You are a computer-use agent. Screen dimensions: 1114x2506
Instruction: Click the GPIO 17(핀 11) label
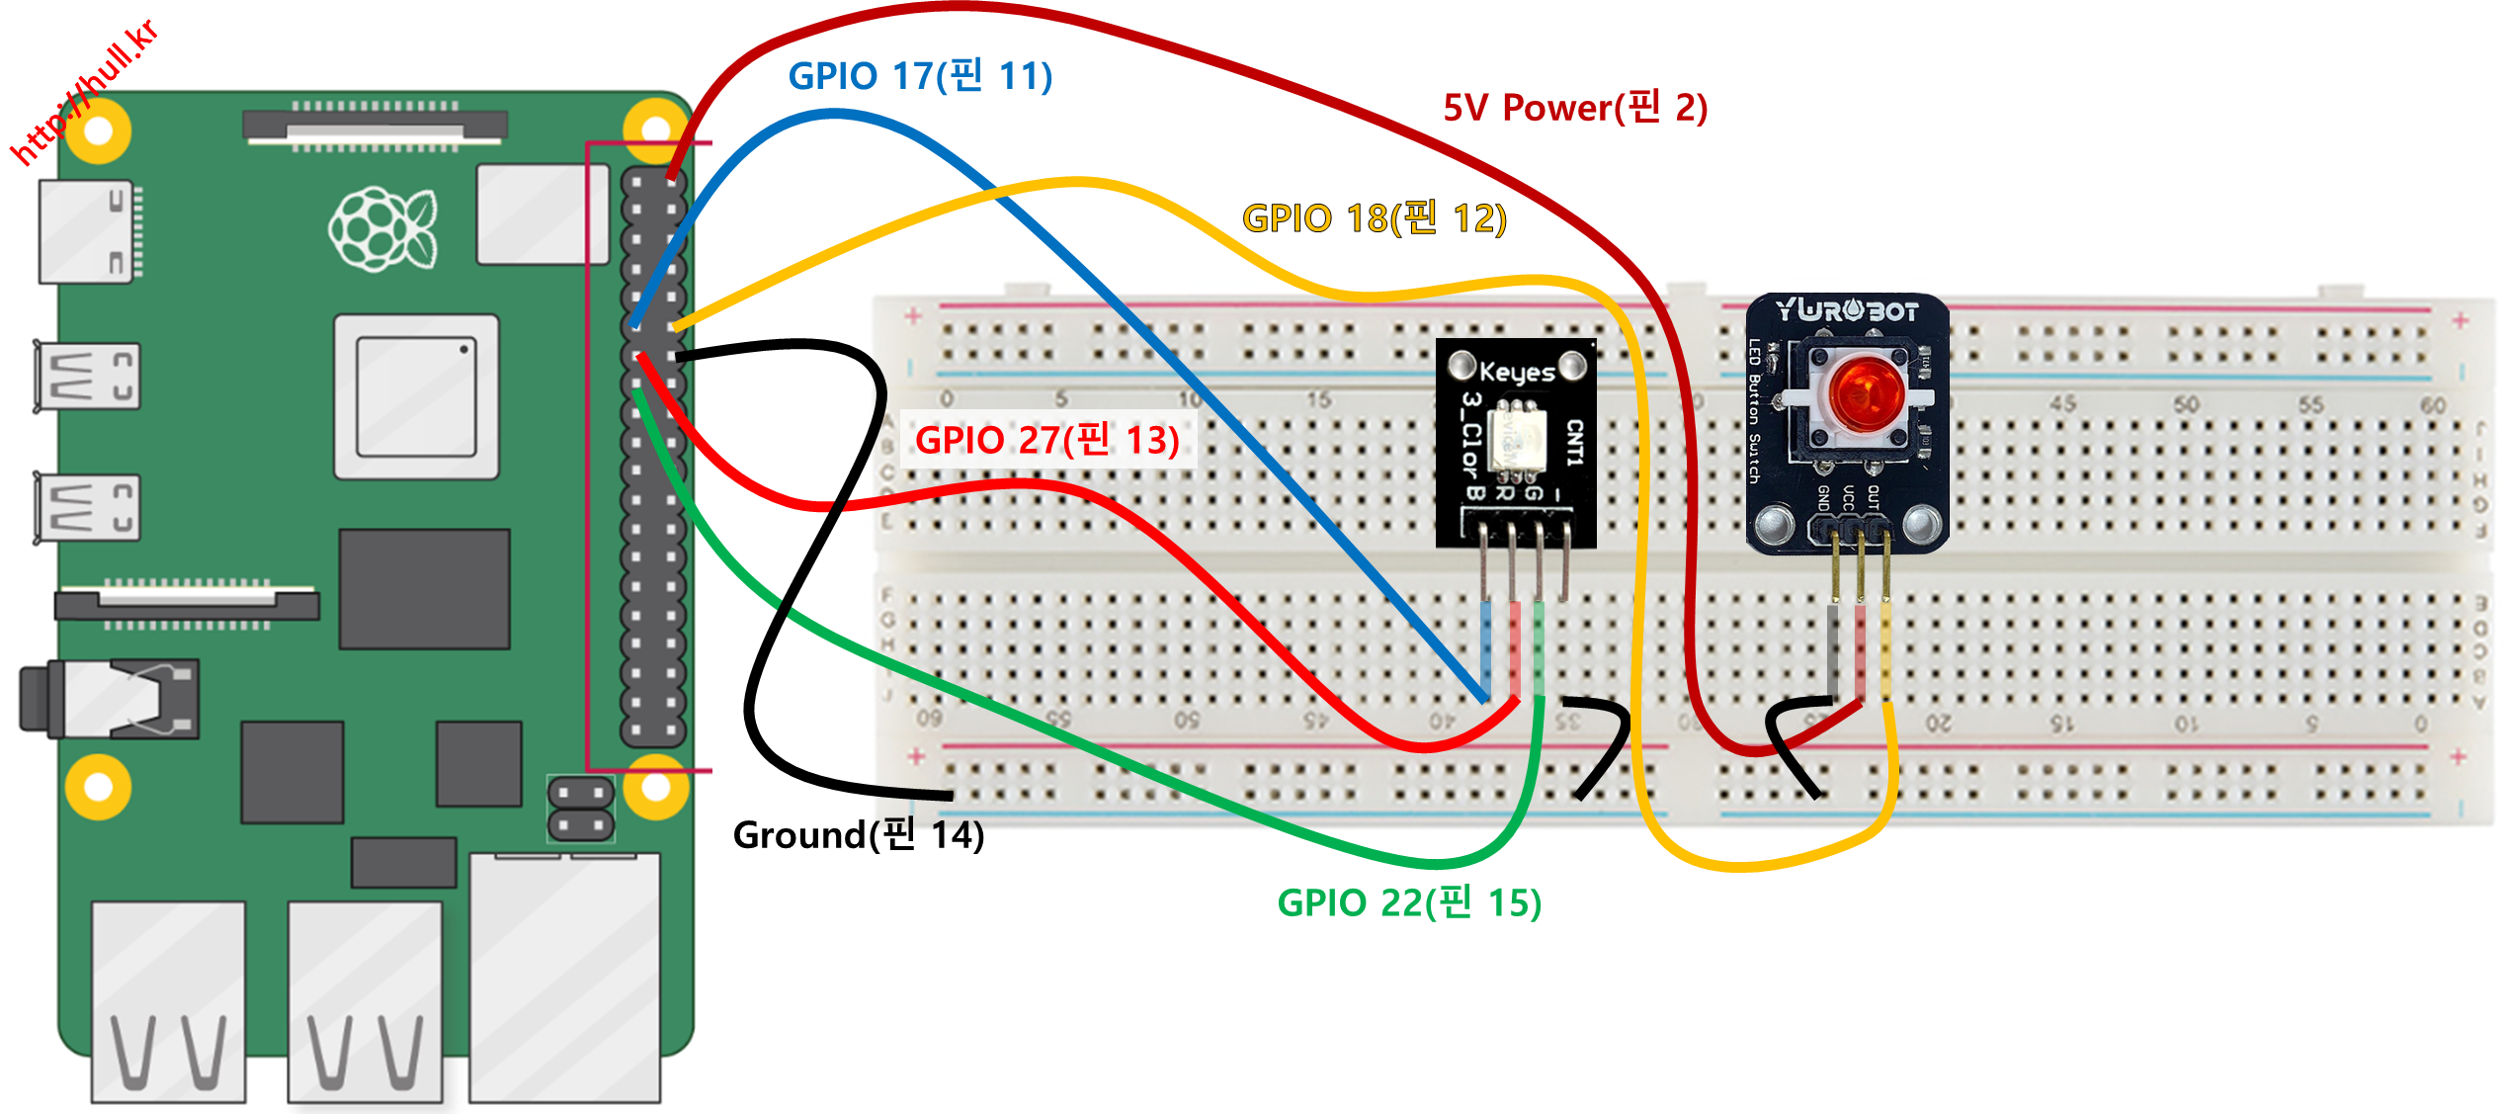[920, 76]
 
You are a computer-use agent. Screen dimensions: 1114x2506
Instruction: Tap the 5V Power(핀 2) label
[1575, 107]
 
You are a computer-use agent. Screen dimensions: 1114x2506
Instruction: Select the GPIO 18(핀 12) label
[1374, 217]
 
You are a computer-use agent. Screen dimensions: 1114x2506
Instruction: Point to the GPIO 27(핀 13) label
[1047, 439]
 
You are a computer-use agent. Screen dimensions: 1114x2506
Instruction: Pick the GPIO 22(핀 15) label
[1409, 902]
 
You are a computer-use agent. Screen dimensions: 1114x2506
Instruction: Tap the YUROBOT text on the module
[1847, 310]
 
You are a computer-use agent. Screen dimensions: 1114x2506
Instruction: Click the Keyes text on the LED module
[1517, 372]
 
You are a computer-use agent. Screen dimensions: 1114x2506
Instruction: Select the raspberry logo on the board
[383, 229]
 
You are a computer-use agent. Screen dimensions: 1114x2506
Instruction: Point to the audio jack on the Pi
[109, 700]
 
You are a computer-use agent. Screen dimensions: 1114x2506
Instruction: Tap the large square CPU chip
[416, 397]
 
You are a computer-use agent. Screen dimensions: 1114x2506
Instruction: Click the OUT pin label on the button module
[1874, 496]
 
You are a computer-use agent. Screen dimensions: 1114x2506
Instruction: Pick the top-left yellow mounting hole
[98, 130]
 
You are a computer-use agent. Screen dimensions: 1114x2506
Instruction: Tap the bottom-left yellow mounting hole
[98, 787]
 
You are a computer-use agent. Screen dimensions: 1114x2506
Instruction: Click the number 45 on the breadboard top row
[2062, 403]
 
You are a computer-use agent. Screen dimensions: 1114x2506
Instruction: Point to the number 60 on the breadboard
[2433, 405]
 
